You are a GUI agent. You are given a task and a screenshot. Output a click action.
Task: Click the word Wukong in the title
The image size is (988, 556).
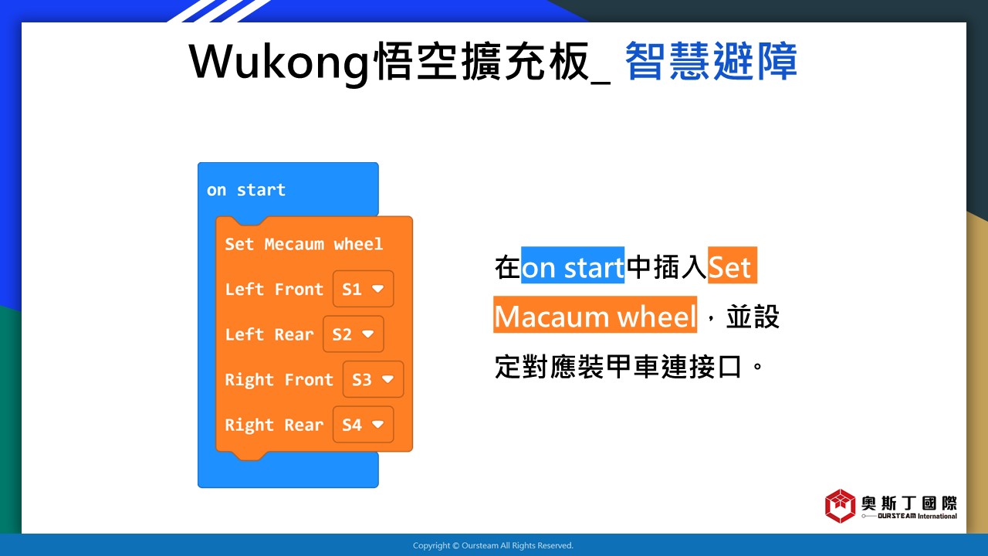click(279, 63)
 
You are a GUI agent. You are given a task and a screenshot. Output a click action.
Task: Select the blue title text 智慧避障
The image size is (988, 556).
click(711, 61)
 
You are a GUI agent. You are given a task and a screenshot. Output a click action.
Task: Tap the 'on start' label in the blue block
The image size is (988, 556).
click(246, 190)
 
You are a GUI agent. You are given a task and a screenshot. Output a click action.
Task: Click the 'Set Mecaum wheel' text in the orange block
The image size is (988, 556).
click(303, 244)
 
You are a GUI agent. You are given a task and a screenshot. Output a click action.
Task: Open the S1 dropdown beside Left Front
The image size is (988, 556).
click(363, 289)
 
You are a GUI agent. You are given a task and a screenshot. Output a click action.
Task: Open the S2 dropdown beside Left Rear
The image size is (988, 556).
click(353, 334)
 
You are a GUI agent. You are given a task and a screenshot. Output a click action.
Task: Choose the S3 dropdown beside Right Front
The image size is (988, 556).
click(373, 379)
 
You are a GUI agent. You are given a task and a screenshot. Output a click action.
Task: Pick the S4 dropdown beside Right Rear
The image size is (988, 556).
click(363, 425)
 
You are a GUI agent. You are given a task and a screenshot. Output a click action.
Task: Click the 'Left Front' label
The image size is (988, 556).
click(274, 289)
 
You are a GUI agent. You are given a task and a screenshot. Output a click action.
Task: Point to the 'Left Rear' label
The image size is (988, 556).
click(269, 334)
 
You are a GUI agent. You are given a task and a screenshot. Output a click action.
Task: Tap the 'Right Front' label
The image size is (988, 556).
click(279, 380)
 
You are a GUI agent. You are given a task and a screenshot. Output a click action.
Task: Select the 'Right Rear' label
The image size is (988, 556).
click(274, 425)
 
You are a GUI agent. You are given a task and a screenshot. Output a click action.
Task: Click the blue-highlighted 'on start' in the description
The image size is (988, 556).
click(573, 265)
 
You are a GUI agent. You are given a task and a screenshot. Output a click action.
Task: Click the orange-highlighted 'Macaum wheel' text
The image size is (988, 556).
click(595, 314)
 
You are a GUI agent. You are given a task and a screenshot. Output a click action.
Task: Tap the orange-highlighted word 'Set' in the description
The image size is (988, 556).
click(733, 265)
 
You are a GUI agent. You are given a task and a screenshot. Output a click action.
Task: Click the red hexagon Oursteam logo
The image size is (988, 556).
click(840, 506)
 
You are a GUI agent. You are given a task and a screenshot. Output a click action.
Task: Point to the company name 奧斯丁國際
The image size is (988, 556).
click(908, 503)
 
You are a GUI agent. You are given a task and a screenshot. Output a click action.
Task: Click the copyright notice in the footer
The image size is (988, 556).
click(493, 545)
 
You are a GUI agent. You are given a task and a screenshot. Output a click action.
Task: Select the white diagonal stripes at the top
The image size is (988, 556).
click(219, 11)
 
